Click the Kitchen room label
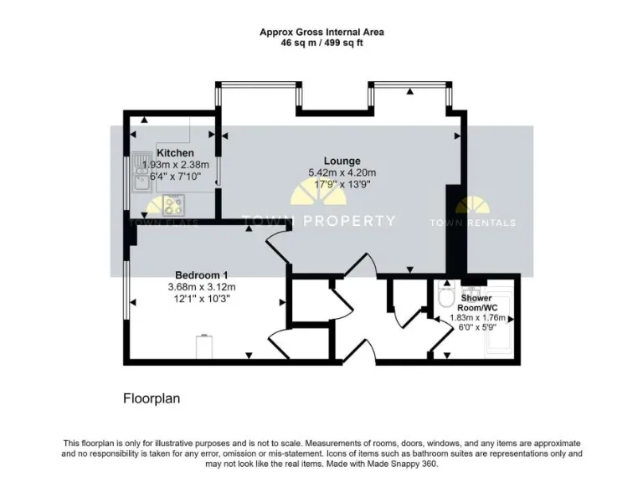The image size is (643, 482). pos(175,153)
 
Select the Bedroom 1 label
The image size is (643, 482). pos(201,275)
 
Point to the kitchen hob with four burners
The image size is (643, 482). pos(173,203)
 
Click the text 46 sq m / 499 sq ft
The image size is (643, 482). pos(321,43)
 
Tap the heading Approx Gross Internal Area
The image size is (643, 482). pos(321,32)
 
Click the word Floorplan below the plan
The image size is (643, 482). pos(152,399)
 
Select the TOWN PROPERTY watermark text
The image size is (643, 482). pos(318,221)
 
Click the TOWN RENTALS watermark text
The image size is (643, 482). pos(473,223)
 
